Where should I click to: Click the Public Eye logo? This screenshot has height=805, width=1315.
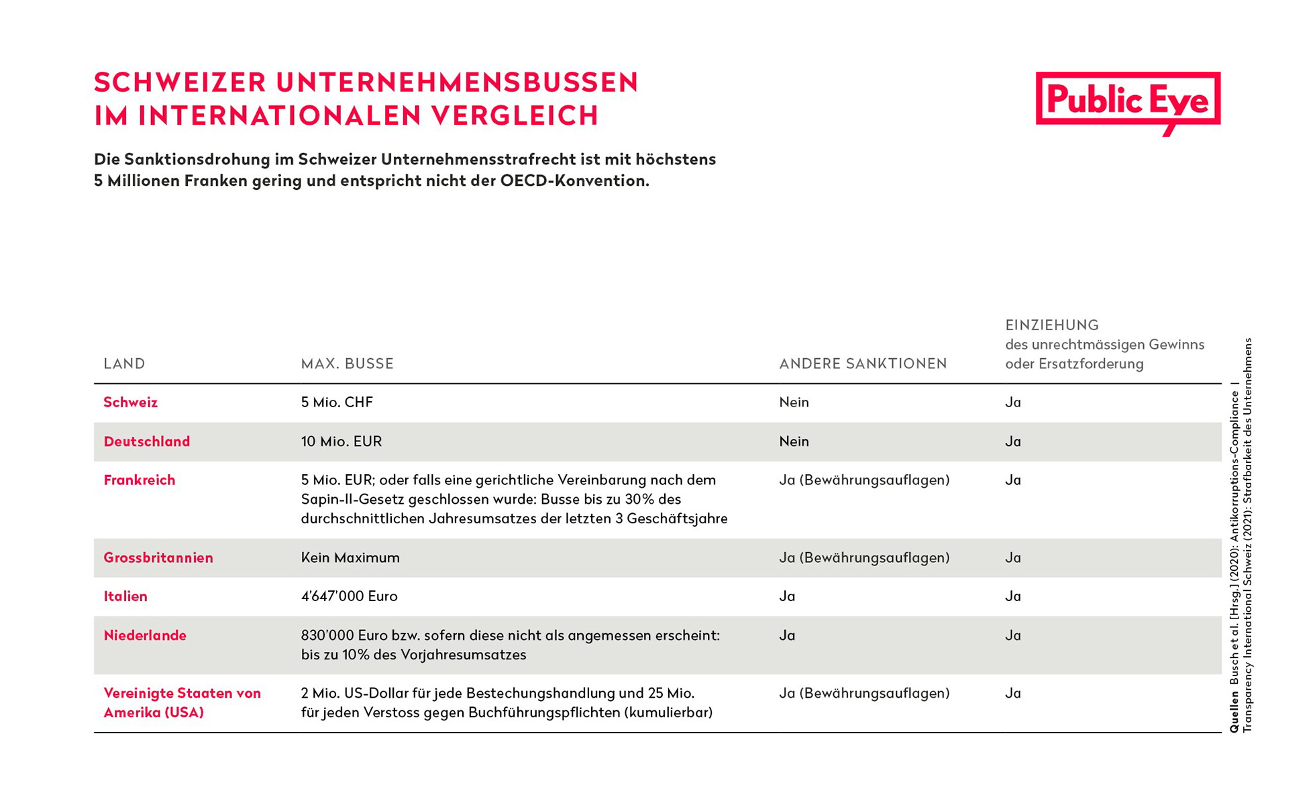pyautogui.click(x=1128, y=102)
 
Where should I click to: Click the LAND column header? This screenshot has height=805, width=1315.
pyautogui.click(x=124, y=364)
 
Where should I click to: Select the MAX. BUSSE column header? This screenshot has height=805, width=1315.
pyautogui.click(x=348, y=364)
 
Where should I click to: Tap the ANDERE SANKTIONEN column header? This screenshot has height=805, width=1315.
pyautogui.click(x=863, y=364)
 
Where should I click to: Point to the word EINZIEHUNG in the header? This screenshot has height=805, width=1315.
pyautogui.click(x=1052, y=325)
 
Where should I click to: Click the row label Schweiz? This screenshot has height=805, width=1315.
pyautogui.click(x=131, y=402)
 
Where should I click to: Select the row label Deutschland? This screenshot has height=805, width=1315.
pyautogui.click(x=147, y=441)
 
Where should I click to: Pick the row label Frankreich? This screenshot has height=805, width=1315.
pyautogui.click(x=140, y=480)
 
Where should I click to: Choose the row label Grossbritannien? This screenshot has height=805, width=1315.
pyautogui.click(x=158, y=557)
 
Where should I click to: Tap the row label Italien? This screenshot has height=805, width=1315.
pyautogui.click(x=125, y=596)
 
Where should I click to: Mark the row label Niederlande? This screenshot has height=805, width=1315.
pyautogui.click(x=145, y=635)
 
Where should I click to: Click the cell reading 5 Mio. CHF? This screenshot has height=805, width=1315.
pyautogui.click(x=337, y=402)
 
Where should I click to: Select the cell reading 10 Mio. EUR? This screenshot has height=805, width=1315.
pyautogui.click(x=341, y=441)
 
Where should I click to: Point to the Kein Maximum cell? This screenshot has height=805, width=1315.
pyautogui.click(x=350, y=557)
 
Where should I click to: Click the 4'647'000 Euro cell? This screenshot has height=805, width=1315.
pyautogui.click(x=350, y=596)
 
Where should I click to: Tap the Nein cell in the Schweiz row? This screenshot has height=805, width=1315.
pyautogui.click(x=794, y=402)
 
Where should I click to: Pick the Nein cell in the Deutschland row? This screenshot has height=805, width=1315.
pyautogui.click(x=794, y=441)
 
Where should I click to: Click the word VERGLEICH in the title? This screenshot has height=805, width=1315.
pyautogui.click(x=515, y=115)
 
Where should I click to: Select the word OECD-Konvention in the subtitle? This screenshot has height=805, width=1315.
pyautogui.click(x=574, y=181)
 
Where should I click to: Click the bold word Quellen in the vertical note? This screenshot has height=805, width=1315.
pyautogui.click(x=1234, y=712)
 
